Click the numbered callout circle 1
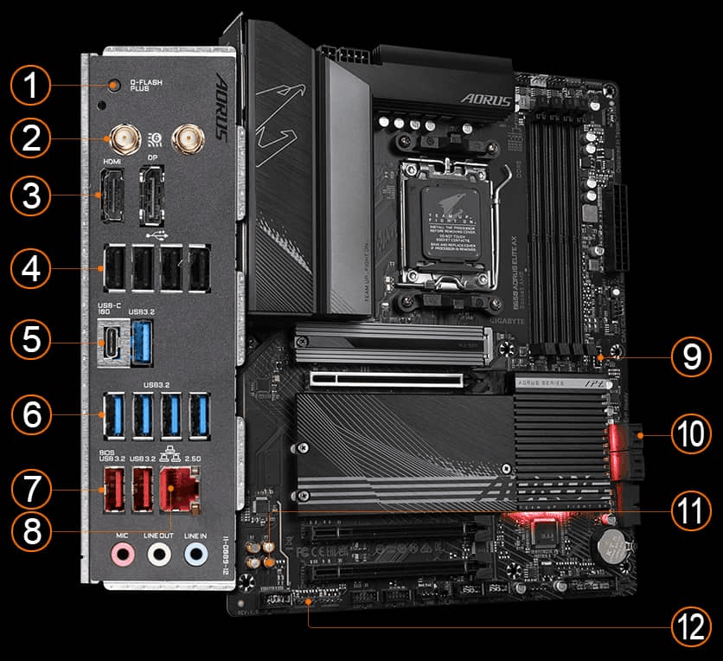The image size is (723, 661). tap(31, 87)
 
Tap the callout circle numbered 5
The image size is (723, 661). tap(31, 339)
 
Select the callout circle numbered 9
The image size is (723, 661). tap(691, 356)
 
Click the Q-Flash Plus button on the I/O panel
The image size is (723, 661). tap(115, 85)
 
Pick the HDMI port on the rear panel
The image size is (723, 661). tap(112, 195)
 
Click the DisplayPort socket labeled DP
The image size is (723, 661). tap(152, 195)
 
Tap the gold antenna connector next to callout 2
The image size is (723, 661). tap(116, 138)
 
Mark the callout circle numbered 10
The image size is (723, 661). tap(691, 435)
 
